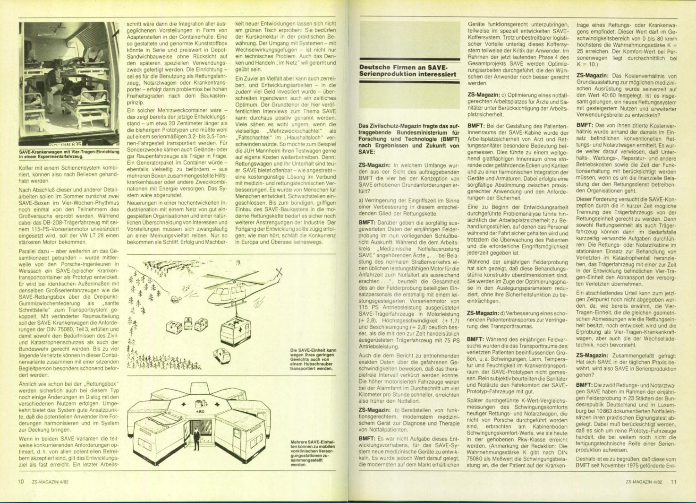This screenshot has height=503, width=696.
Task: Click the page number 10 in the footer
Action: click(x=21, y=482)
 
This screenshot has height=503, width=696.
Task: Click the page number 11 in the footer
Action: click(x=673, y=482)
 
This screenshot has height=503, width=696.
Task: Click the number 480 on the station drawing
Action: click(x=200, y=412)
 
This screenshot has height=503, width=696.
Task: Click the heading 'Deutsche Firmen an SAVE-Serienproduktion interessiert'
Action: click(x=407, y=70)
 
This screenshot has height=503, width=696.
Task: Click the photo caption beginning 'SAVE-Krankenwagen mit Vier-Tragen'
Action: click(x=68, y=153)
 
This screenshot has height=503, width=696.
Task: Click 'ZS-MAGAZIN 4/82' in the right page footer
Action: click(x=643, y=482)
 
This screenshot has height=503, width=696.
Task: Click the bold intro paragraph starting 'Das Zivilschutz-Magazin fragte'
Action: click(x=409, y=139)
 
